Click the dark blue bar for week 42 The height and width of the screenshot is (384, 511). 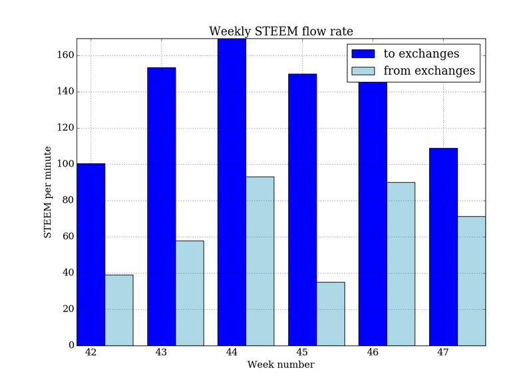tap(90, 254)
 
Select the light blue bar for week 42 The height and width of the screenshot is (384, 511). tap(119, 310)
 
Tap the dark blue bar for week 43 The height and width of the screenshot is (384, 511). tap(161, 206)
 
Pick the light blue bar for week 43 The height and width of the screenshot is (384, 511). tap(190, 293)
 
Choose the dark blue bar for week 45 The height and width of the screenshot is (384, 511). tap(302, 209)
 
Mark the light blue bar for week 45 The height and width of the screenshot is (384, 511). tap(331, 313)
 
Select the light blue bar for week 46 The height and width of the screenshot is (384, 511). tap(401, 263)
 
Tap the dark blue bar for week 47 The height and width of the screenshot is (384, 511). tap(443, 247)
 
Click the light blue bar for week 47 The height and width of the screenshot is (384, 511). tap(471, 281)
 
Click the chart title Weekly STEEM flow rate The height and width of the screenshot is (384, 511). tap(280, 31)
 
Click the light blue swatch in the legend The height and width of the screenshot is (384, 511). tap(364, 71)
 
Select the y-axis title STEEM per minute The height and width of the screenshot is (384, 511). tap(48, 192)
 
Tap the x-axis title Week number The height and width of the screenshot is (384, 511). tap(280, 365)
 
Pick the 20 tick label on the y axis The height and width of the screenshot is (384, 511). tap(67, 309)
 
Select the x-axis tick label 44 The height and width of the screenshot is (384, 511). tap(231, 352)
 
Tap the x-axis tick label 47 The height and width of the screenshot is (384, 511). tap(442, 352)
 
